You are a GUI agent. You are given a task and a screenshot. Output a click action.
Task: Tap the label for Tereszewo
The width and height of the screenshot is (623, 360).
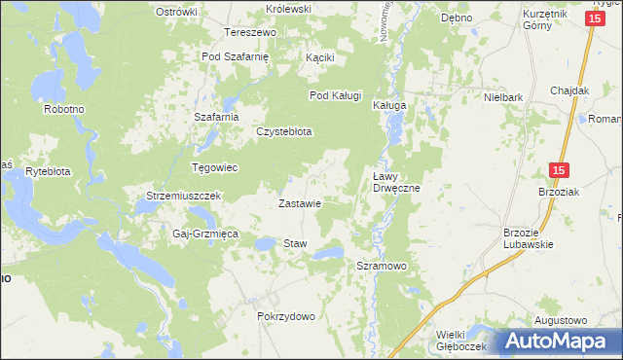[x=251, y=32]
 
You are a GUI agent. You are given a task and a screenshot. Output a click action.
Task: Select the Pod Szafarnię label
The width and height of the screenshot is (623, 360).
[x=235, y=56]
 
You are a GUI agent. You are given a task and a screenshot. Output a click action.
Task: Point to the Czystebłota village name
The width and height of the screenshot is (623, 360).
[x=283, y=131]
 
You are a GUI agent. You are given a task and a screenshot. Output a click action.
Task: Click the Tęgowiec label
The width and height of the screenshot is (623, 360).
[x=215, y=167]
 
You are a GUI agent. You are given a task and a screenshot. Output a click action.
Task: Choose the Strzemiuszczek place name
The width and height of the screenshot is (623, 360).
[x=185, y=196]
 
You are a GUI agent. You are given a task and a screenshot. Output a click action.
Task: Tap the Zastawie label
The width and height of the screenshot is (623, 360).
[x=300, y=204]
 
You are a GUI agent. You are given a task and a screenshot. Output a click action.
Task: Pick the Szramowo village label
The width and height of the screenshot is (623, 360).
[x=381, y=266]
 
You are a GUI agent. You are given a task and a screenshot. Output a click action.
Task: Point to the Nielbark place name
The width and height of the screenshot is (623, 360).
[x=503, y=97]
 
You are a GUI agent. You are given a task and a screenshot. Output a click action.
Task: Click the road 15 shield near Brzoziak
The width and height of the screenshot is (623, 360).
[x=557, y=170]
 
